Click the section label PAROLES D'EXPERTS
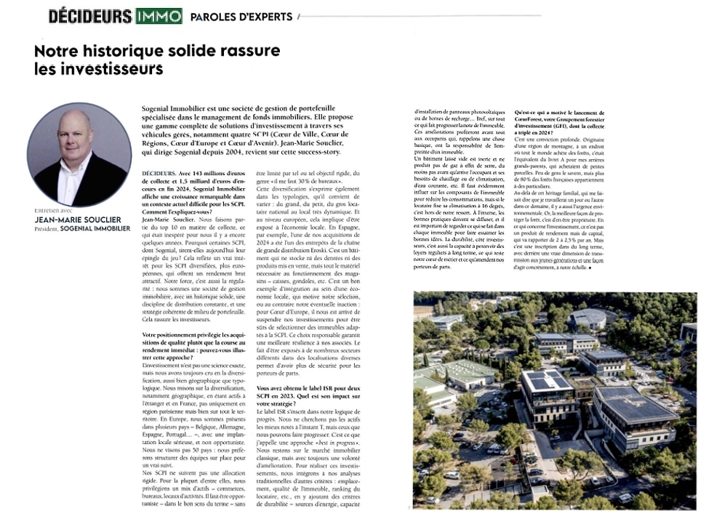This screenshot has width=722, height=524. click(x=241, y=17)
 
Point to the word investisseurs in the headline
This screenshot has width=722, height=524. click(x=110, y=70)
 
